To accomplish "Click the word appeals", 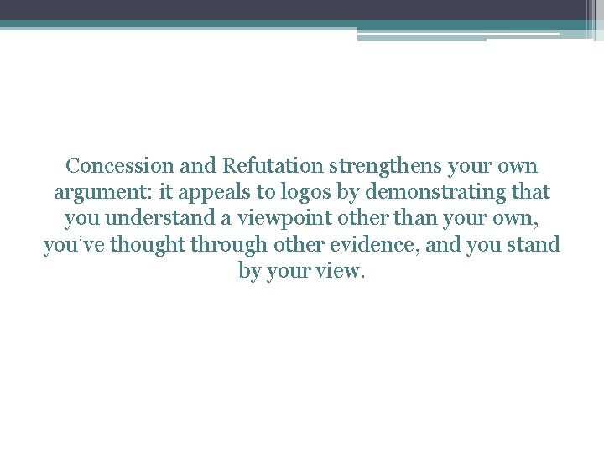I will click(219, 192).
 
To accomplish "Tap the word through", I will click(237, 246).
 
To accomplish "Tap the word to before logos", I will click(265, 192).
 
